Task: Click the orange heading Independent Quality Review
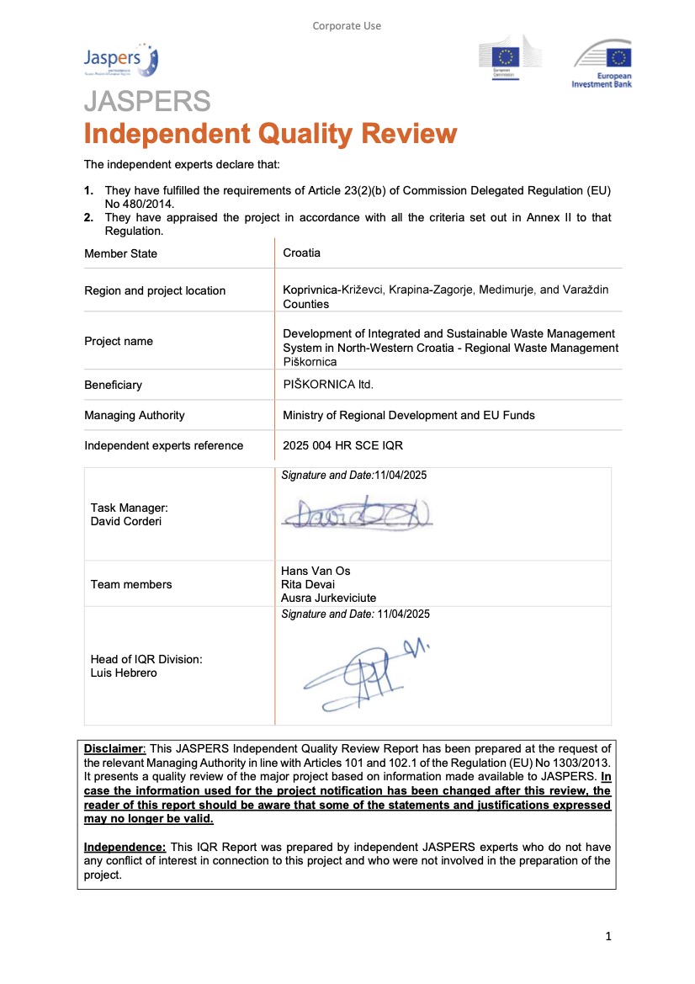270,134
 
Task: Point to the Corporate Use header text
347,26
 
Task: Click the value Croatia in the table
301,253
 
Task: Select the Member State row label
120,253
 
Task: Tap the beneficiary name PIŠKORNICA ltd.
327,385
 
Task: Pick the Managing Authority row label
135,415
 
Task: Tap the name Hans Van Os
316,571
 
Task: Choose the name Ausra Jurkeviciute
328,598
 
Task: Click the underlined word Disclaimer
114,748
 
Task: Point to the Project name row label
119,341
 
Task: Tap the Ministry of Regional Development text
408,415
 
